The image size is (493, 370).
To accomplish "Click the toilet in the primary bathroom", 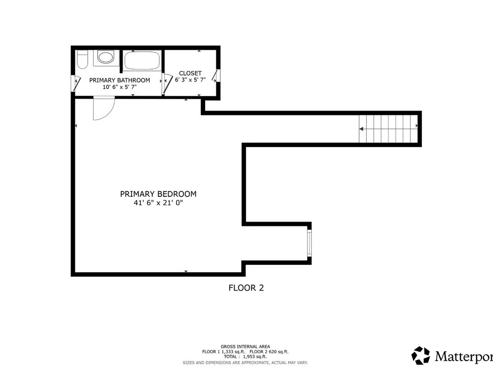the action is point(82,59).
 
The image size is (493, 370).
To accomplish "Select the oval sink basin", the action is point(106,58).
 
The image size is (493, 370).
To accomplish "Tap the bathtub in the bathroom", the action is point(142,60).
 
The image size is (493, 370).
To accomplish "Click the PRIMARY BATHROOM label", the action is point(119,80).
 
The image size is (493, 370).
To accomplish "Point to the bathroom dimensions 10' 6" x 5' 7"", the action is point(119,87).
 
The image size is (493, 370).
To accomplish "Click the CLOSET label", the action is point(190,74).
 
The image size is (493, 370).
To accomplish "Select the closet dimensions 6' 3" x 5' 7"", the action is point(190,80).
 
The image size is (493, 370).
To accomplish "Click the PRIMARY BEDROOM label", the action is point(158,194).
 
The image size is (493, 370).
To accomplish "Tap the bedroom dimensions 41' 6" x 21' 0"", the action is point(158,203).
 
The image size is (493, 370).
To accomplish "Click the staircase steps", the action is point(388,129).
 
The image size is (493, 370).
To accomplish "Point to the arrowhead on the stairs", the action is point(361,129).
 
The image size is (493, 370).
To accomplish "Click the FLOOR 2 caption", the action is point(246,288).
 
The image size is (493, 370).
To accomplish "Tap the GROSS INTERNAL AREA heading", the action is point(245,347).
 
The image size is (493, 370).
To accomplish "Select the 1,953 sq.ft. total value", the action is point(255,357).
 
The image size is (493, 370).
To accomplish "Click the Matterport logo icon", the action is point(421,356).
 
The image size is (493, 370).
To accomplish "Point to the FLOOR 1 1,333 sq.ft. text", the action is point(223,352).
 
